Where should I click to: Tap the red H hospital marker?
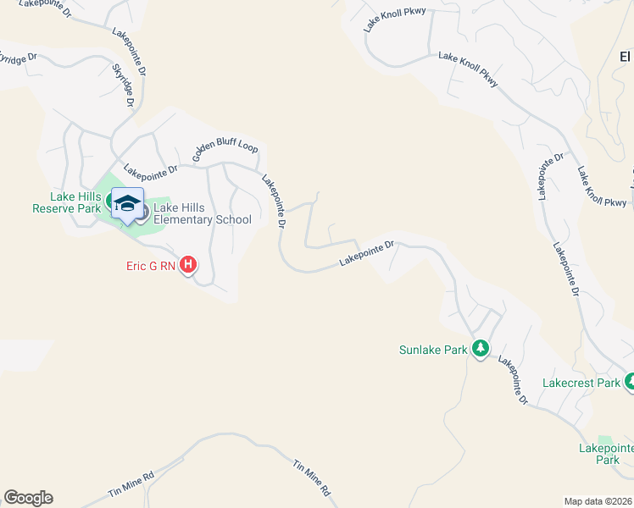click(188, 266)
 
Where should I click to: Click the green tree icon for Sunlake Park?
click(480, 349)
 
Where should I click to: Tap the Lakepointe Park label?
click(606, 453)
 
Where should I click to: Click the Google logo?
click(28, 498)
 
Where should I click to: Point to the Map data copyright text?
click(598, 501)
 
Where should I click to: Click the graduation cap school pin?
click(128, 204)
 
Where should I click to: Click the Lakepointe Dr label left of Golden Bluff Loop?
click(150, 168)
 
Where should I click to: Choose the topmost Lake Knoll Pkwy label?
click(394, 19)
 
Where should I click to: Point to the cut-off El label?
click(626, 57)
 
